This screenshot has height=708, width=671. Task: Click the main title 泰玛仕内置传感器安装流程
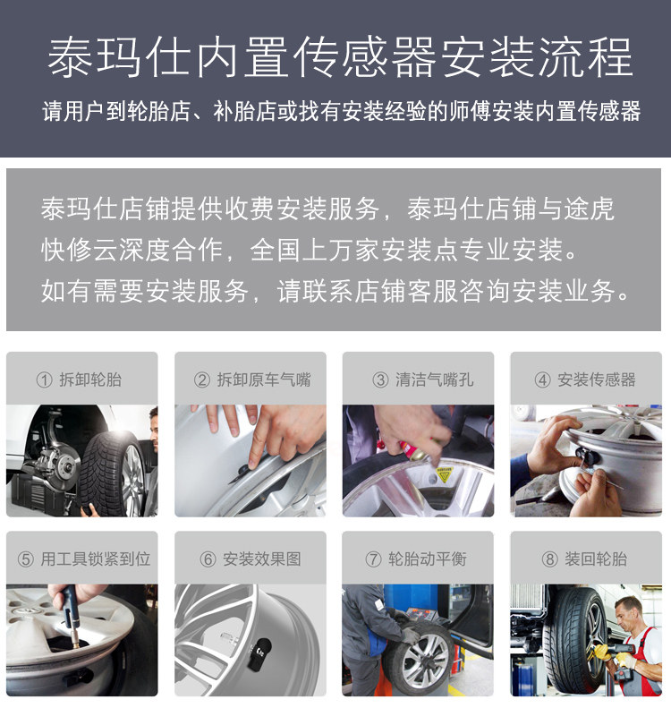(340, 58)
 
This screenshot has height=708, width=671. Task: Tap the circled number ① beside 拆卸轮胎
(44, 380)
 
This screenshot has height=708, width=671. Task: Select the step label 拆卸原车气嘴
(264, 380)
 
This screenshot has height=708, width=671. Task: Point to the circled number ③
(380, 380)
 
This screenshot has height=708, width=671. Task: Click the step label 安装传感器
(596, 380)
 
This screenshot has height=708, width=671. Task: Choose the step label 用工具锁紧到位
(96, 559)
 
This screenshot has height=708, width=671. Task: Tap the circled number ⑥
(208, 559)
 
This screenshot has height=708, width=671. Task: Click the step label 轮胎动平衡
(428, 559)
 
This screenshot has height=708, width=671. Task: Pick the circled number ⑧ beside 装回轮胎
(549, 559)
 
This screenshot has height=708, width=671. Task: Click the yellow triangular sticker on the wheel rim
(444, 475)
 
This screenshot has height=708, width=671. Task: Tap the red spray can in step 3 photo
(412, 450)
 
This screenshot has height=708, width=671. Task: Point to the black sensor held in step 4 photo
(588, 456)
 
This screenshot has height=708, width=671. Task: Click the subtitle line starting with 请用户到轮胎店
(342, 111)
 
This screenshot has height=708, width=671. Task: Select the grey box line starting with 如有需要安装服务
(335, 290)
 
